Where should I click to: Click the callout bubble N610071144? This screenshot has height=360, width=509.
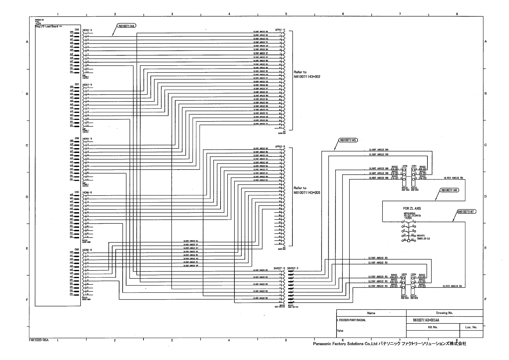tap(126, 26)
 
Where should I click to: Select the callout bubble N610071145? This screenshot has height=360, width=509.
tap(348, 140)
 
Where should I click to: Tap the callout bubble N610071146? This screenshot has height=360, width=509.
tap(449, 190)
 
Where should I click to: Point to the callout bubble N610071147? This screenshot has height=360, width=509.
tap(466, 212)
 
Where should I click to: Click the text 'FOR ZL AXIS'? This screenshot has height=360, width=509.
tap(412, 209)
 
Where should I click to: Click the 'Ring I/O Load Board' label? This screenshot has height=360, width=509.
tap(47, 26)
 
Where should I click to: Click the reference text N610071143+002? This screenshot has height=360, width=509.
tap(307, 77)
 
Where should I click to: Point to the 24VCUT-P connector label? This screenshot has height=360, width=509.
tap(293, 268)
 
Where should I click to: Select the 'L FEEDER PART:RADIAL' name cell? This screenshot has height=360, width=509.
tap(349, 320)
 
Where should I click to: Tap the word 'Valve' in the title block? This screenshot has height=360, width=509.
tap(340, 331)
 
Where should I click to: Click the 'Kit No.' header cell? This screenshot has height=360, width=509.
tap(433, 327)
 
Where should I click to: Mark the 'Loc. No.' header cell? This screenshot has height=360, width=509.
tap(471, 327)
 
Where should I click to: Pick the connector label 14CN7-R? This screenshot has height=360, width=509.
tap(87, 85)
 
